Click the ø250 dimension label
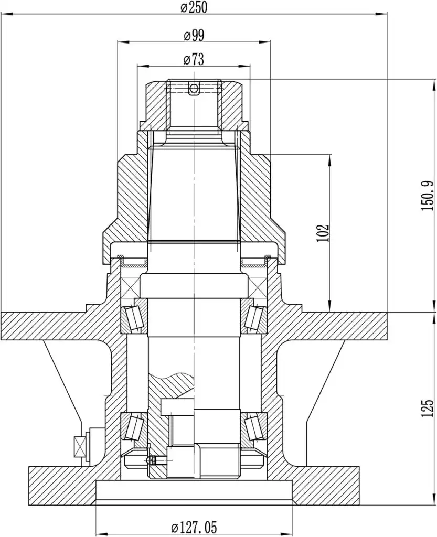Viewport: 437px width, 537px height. point(194,7)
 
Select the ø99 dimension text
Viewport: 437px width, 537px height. point(194,35)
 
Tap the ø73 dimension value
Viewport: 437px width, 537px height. point(194,60)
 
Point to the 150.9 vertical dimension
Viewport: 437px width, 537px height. point(428,197)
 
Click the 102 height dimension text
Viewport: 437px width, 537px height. point(323,233)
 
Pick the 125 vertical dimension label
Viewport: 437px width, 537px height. point(428,408)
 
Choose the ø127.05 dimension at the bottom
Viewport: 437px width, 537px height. point(194,527)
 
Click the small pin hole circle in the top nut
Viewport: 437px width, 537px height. point(194,89)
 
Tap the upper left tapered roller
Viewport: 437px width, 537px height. point(134,317)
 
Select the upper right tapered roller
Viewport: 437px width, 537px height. point(254,317)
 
